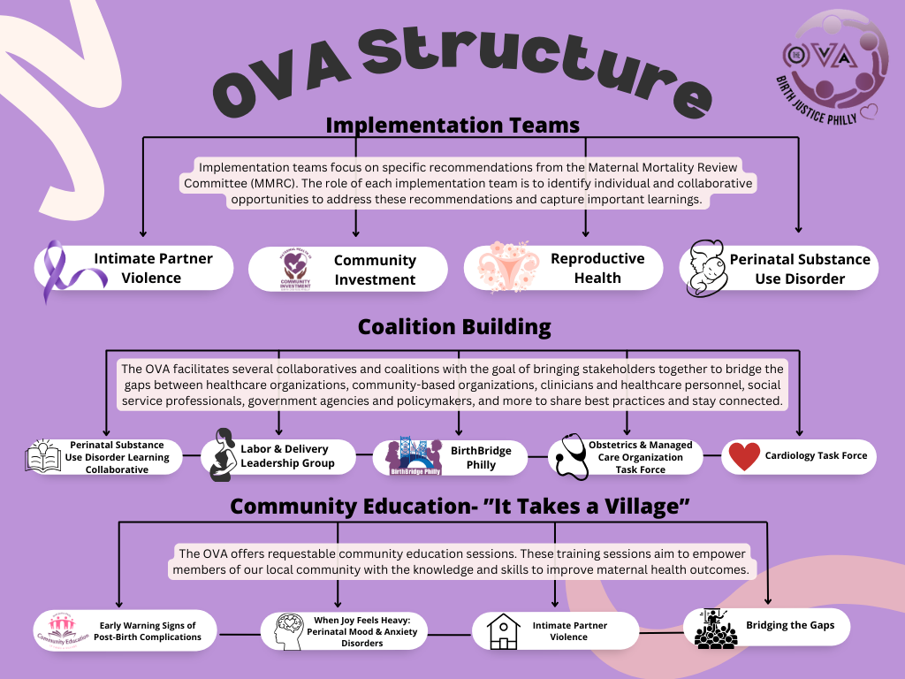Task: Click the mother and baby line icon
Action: click(x=708, y=267)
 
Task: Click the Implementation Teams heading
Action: click(x=452, y=125)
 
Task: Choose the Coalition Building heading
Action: click(x=453, y=327)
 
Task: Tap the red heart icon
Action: click(x=744, y=456)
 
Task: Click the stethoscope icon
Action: click(x=567, y=457)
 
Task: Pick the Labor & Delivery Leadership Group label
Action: click(x=287, y=456)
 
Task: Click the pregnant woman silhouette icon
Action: click(x=221, y=455)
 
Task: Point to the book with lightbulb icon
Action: click(x=43, y=456)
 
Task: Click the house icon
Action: click(x=503, y=630)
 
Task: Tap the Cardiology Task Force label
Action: click(x=816, y=456)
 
